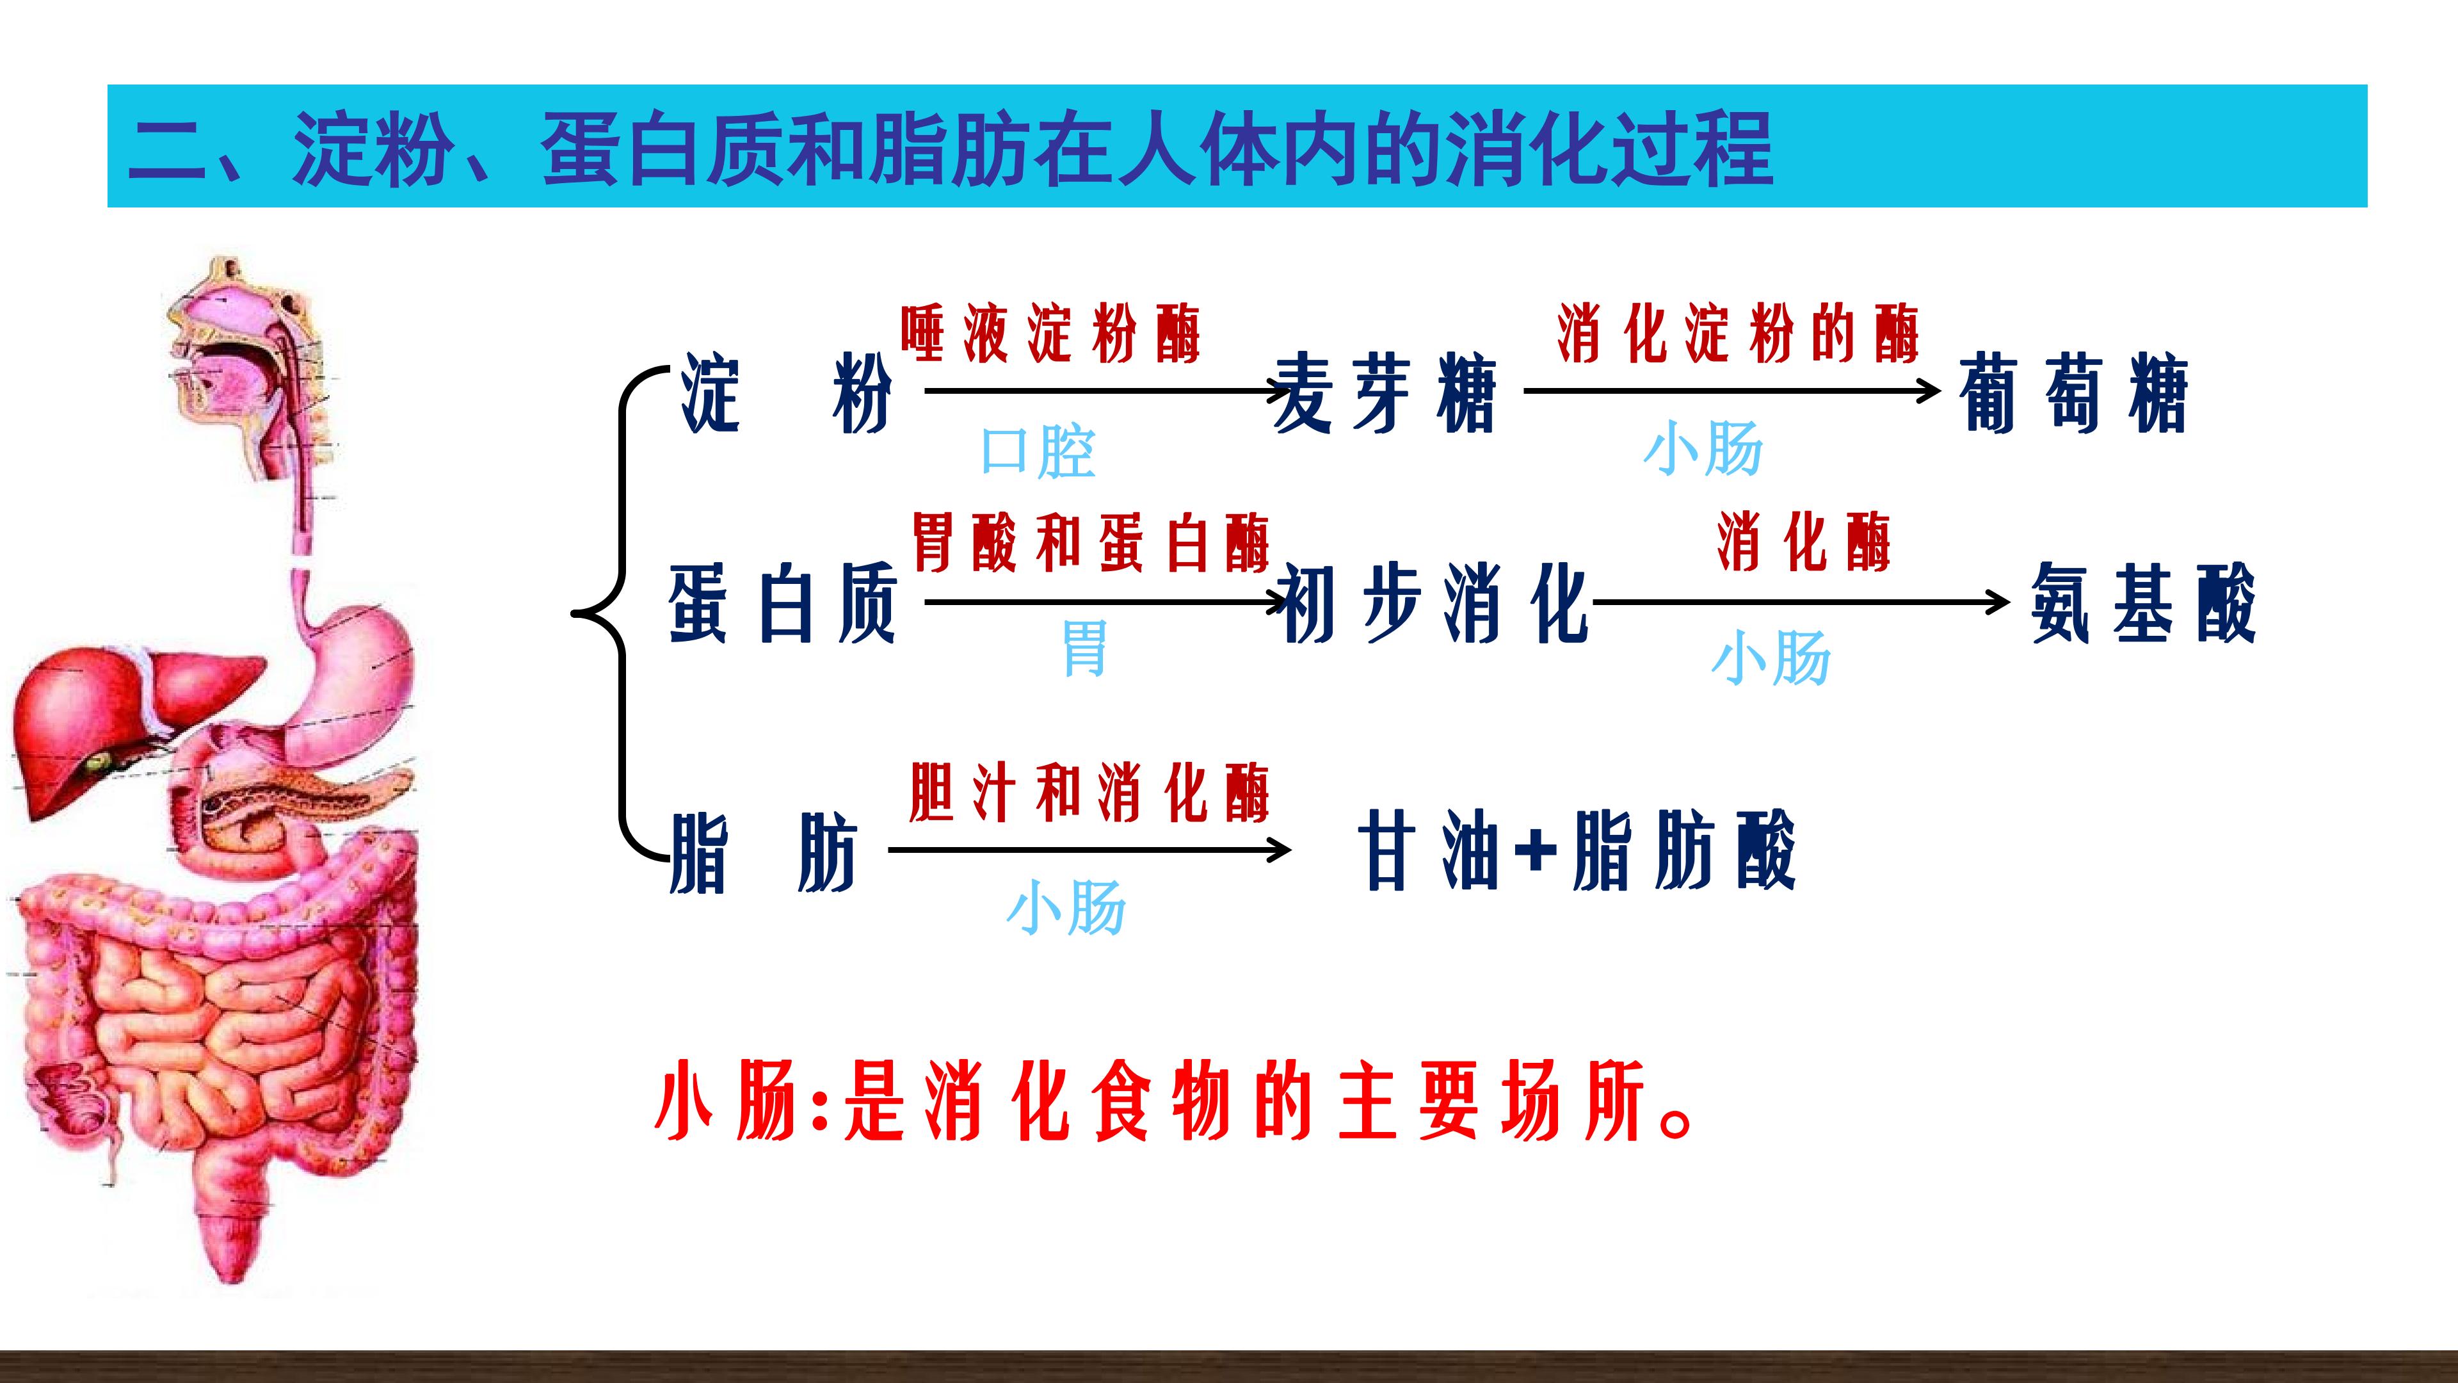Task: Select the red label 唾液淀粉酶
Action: click(1050, 334)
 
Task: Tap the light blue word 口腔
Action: click(1038, 451)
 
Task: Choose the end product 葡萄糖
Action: click(2073, 392)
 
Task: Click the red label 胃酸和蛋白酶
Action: click(1091, 542)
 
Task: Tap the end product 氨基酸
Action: click(2143, 603)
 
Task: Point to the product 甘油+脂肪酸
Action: click(1577, 850)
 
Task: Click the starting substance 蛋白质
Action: click(782, 603)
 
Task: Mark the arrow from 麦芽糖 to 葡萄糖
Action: click(1732, 391)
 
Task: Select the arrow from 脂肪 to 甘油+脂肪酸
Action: click(1089, 850)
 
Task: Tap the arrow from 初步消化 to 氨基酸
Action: click(1801, 603)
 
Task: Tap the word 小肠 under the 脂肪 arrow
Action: click(1066, 907)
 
